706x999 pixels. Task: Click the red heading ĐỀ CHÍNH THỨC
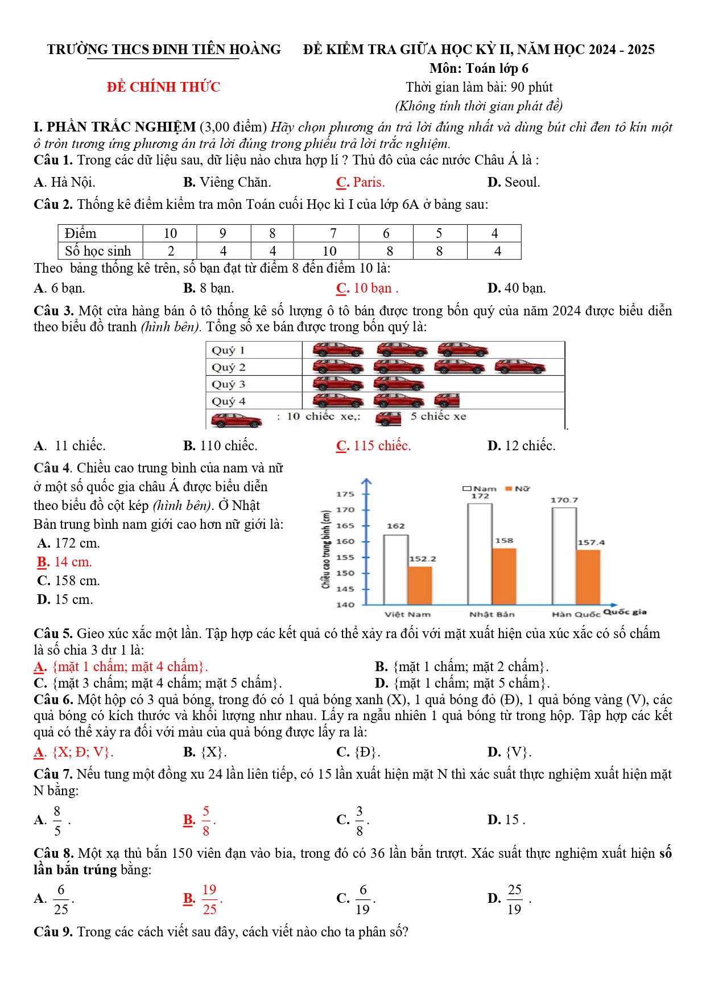click(163, 87)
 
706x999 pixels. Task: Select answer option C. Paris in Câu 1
click(361, 182)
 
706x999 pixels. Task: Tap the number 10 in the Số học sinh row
click(329, 251)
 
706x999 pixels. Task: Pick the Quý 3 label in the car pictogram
click(228, 384)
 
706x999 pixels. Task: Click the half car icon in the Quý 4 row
click(447, 400)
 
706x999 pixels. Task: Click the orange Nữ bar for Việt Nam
click(420, 585)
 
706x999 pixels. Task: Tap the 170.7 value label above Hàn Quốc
click(564, 500)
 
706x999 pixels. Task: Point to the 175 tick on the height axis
click(345, 494)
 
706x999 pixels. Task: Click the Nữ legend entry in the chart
click(518, 488)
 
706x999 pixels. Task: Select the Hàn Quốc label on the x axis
click(576, 614)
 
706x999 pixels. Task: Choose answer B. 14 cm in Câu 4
click(64, 562)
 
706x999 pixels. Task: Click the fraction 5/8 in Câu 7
click(206, 820)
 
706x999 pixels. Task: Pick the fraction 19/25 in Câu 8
click(209, 899)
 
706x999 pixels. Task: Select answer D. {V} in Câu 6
click(509, 752)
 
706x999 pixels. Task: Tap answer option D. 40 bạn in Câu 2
click(517, 288)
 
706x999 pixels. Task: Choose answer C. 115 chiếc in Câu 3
click(373, 446)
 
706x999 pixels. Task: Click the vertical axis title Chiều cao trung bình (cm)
click(326, 549)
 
